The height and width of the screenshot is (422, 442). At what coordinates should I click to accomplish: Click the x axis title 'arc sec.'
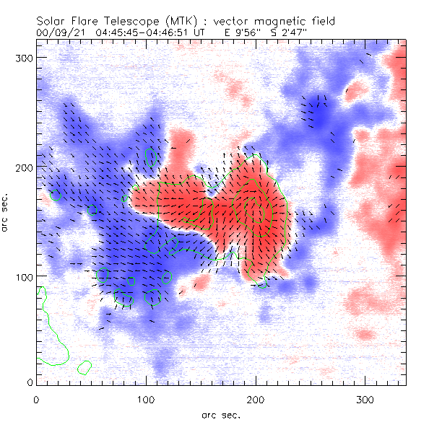point(220,414)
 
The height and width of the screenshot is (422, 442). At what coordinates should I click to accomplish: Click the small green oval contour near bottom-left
point(84,367)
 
